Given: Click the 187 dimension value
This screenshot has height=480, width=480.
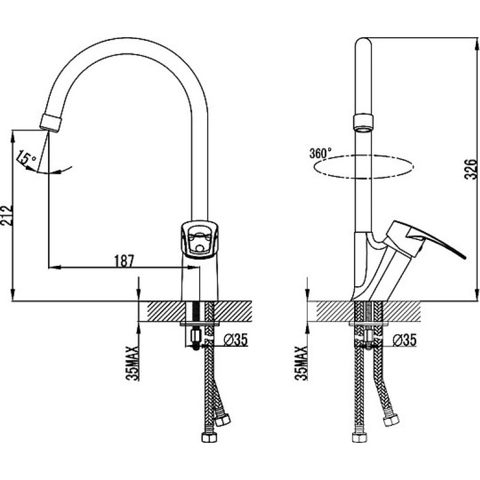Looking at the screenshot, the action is [x=124, y=261].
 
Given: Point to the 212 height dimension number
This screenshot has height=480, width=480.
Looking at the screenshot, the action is [x=7, y=215].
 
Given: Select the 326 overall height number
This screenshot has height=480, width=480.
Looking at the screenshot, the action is [x=471, y=169].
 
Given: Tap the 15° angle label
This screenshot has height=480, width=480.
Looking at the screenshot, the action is [x=26, y=158].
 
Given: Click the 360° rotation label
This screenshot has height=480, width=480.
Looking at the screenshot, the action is [x=320, y=153].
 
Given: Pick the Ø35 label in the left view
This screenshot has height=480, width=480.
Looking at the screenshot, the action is [x=235, y=340].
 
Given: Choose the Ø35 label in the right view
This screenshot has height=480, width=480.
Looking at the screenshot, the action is [x=404, y=340].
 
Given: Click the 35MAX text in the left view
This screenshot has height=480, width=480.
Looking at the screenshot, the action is [x=132, y=363].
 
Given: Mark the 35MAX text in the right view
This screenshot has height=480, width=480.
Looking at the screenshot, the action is [x=301, y=363].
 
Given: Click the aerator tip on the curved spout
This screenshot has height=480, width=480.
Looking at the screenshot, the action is [x=51, y=123].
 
